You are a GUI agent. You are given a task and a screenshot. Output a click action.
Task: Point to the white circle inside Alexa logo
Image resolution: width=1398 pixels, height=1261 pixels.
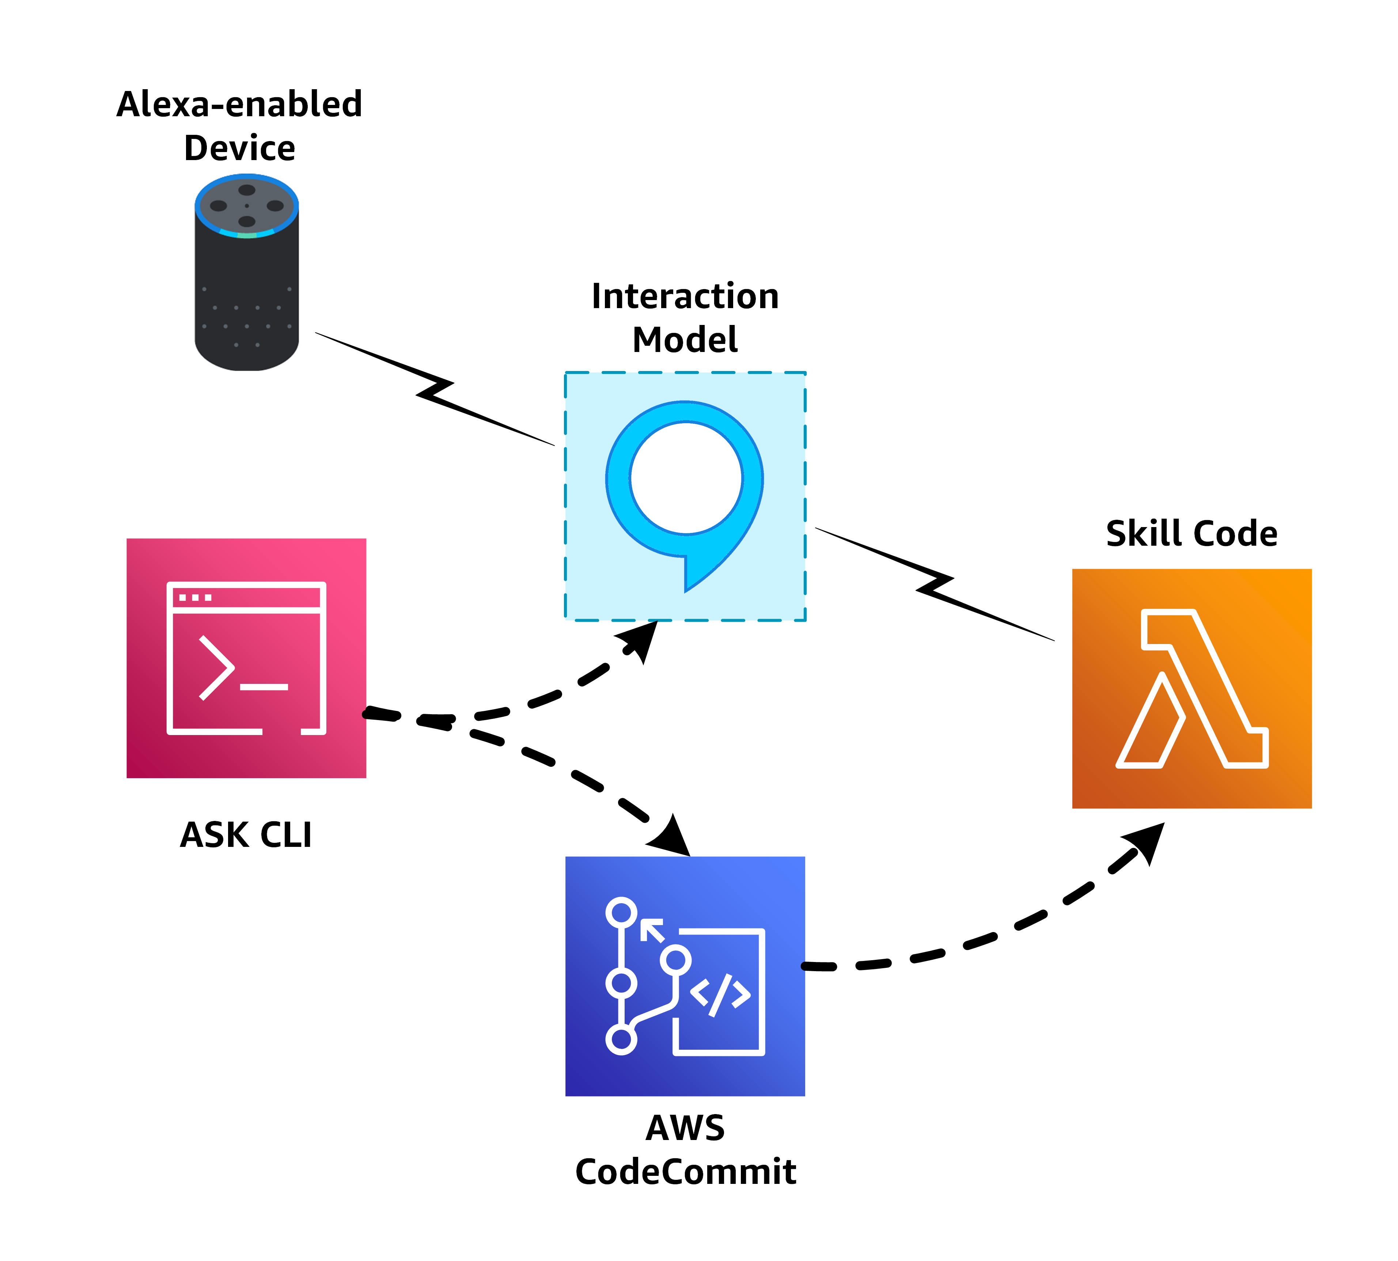tap(686, 478)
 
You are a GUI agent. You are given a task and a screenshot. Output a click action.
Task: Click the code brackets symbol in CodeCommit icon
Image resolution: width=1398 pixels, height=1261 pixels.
tap(720, 994)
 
